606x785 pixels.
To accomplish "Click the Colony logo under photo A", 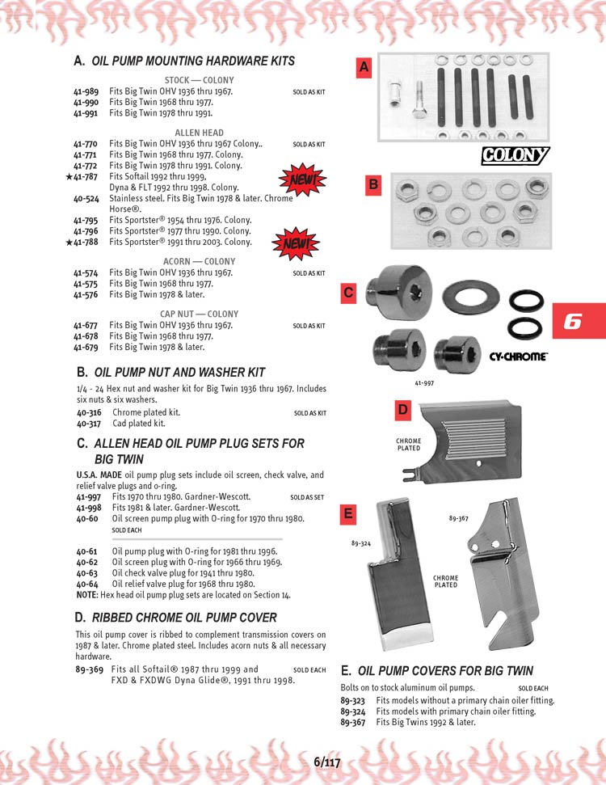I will pos(515,155).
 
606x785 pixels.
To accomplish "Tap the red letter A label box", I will pos(364,70).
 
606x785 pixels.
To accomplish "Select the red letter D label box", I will pos(403,411).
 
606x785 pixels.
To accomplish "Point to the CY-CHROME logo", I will pos(519,357).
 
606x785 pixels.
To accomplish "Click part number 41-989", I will pos(86,92).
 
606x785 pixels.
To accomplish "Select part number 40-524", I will pos(86,198).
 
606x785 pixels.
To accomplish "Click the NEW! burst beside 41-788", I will pos(297,242).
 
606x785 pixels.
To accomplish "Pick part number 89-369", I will pos(89,669).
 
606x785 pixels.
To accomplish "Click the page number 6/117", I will pos(327,762).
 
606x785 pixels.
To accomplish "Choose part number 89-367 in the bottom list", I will pos(352,722).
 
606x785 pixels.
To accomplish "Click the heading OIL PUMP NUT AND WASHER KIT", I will pos(179,373).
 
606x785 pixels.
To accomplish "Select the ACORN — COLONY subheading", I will pos(199,262).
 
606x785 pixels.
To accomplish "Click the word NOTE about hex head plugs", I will pos(86,594).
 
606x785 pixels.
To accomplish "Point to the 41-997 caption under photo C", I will pos(425,383).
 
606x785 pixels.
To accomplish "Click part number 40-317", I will pos(89,423).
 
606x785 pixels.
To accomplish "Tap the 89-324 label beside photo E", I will pos(361,544).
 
